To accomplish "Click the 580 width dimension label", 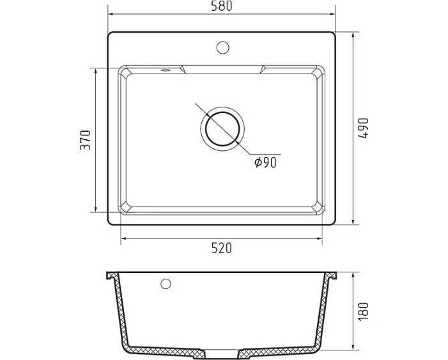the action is click(222, 6).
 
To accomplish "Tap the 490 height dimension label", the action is click(364, 128).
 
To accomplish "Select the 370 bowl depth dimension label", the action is click(85, 140).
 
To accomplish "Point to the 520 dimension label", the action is click(222, 248).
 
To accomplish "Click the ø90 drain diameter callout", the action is click(265, 162).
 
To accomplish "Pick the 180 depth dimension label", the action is click(364, 311).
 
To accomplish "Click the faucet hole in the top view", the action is click(222, 47).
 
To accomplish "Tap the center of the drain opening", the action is click(222, 129).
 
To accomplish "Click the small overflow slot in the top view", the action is click(165, 70).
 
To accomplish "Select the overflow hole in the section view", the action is click(166, 284).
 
